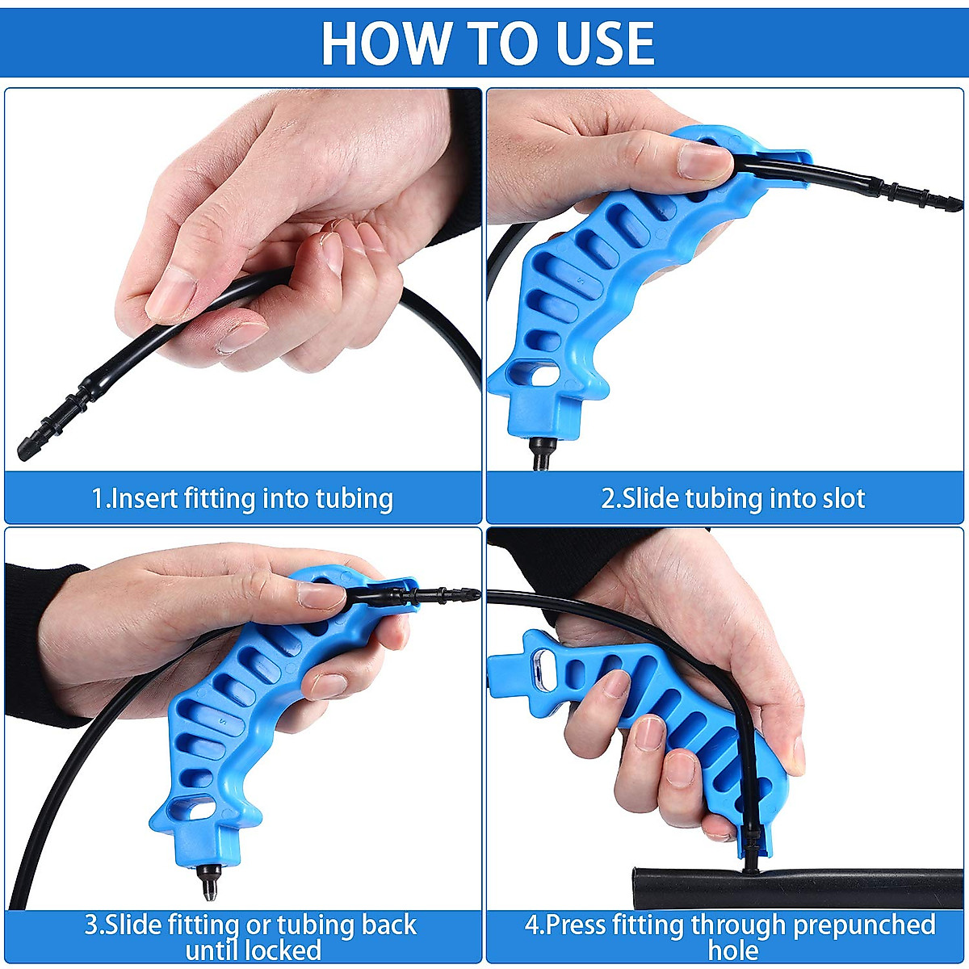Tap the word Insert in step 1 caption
[145, 498]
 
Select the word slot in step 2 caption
[843, 498]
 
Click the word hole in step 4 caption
[733, 950]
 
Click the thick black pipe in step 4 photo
[807, 887]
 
